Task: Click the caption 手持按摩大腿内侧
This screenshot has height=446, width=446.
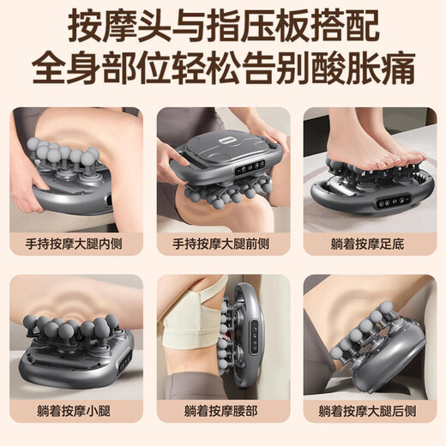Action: pyautogui.click(x=75, y=243)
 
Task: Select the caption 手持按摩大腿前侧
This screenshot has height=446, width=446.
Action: pyautogui.click(x=223, y=243)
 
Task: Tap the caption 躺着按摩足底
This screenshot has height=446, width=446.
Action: pyautogui.click(x=371, y=243)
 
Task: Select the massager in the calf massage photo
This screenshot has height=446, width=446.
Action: pyautogui.click(x=77, y=352)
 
